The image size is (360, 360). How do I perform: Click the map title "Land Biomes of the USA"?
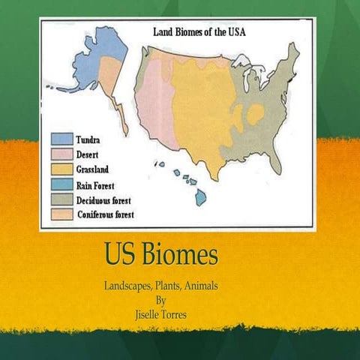tap(202, 32)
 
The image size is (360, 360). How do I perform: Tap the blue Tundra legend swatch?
tap(61, 139)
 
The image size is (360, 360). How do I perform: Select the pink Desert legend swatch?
tap(61, 154)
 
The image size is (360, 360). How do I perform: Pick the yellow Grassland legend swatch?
tap(61, 169)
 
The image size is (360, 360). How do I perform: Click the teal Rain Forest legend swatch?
tap(61, 184)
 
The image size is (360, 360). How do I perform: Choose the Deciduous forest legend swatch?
tap(61, 199)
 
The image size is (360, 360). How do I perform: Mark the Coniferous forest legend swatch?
tap(61, 214)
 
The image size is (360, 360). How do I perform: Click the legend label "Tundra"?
tap(91, 140)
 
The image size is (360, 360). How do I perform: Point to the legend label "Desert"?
tap(89, 154)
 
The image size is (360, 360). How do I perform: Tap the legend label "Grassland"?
tap(96, 169)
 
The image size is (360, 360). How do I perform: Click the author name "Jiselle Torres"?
tap(159, 307)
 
